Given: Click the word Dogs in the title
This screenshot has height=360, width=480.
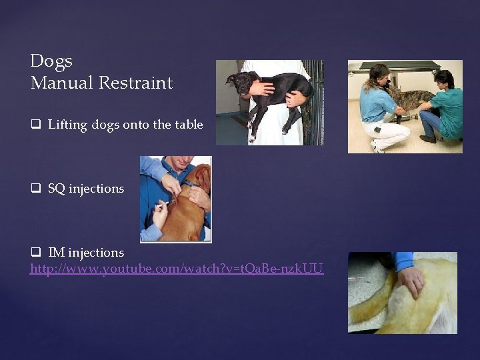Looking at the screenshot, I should [x=51, y=61].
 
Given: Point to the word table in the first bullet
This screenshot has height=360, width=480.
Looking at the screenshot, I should [x=189, y=125].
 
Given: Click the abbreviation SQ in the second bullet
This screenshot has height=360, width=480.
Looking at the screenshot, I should [x=57, y=189].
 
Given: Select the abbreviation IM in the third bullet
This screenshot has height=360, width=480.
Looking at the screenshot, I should [x=57, y=253].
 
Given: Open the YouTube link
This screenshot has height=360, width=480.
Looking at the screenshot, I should [x=177, y=269].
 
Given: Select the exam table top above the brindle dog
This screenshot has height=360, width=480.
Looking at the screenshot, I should [x=400, y=66].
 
